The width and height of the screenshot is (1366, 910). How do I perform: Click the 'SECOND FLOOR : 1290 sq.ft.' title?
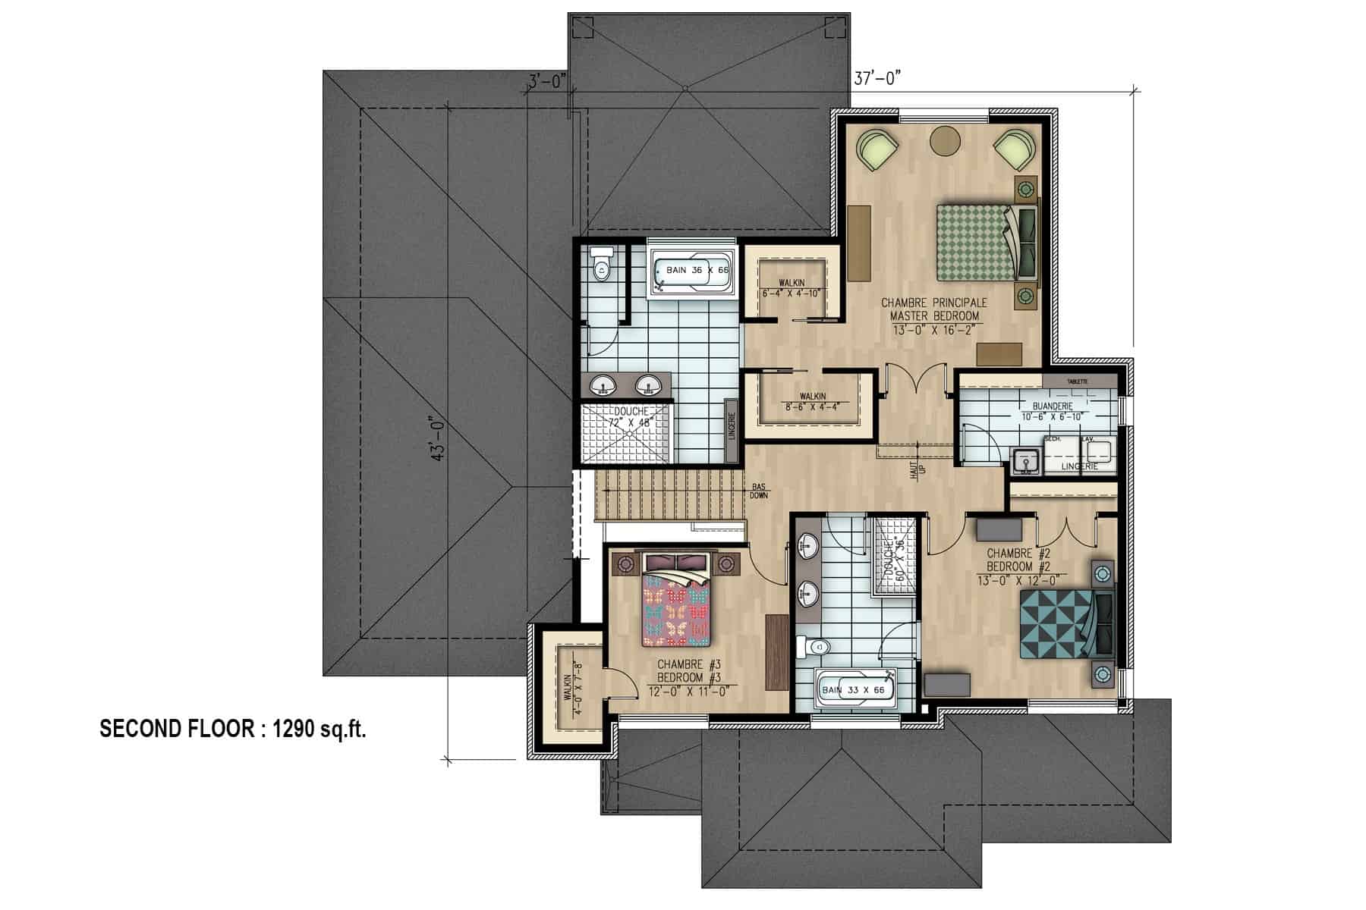point(234,730)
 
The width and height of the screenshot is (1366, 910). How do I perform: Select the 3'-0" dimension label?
point(547,80)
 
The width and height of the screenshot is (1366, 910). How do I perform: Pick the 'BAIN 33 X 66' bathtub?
point(856,691)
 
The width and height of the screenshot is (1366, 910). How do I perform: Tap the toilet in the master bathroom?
point(603,267)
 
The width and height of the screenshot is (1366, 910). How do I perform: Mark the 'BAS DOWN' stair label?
point(758,491)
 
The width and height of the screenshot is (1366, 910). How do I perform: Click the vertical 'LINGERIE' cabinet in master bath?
point(732,430)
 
